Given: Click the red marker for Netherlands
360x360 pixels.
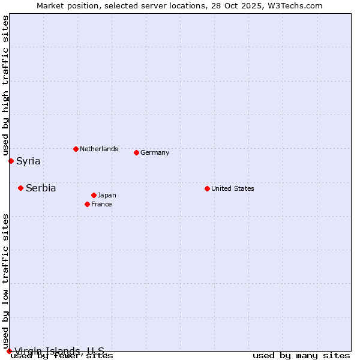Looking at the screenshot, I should click(x=76, y=149).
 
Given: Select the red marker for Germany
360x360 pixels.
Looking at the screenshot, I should click(x=136, y=152).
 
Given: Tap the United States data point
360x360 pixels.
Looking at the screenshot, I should click(x=207, y=188).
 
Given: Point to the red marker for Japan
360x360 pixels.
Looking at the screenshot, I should click(x=94, y=195).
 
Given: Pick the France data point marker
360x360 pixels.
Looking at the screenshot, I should click(x=87, y=204).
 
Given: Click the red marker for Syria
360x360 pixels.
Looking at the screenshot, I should click(x=11, y=161).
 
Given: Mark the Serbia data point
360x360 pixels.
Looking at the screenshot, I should click(x=20, y=188).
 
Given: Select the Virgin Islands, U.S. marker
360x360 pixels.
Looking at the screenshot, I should click(x=9, y=351).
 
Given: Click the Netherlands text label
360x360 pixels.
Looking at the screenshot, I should click(x=99, y=149).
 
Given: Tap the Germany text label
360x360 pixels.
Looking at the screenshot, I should click(x=155, y=152).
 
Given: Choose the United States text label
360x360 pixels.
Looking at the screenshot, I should click(x=233, y=188).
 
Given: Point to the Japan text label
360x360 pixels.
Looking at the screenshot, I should click(x=107, y=195).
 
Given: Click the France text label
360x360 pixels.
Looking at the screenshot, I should click(x=101, y=204).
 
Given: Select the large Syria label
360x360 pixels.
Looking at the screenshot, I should click(x=28, y=161).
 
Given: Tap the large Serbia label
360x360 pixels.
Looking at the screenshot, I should click(x=41, y=188).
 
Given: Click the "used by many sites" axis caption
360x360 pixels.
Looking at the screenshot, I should click(x=301, y=356).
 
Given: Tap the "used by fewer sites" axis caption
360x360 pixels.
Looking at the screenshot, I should click(x=62, y=356).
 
